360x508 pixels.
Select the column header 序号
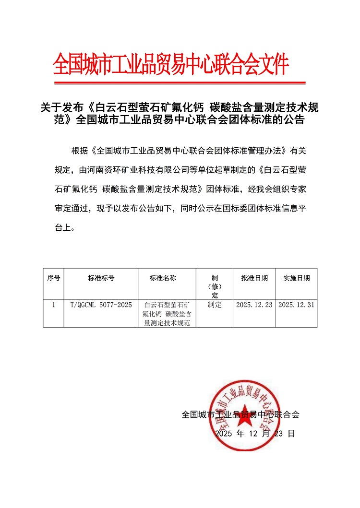(x=53, y=278)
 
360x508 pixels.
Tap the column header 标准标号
(x=101, y=278)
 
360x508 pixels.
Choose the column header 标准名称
(x=163, y=278)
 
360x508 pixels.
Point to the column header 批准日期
(x=254, y=278)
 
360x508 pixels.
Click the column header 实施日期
(x=296, y=278)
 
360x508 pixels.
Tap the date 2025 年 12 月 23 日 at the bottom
(x=254, y=433)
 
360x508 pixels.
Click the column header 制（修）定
(x=215, y=286)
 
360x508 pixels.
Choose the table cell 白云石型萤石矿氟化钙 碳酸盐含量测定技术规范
(x=167, y=314)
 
